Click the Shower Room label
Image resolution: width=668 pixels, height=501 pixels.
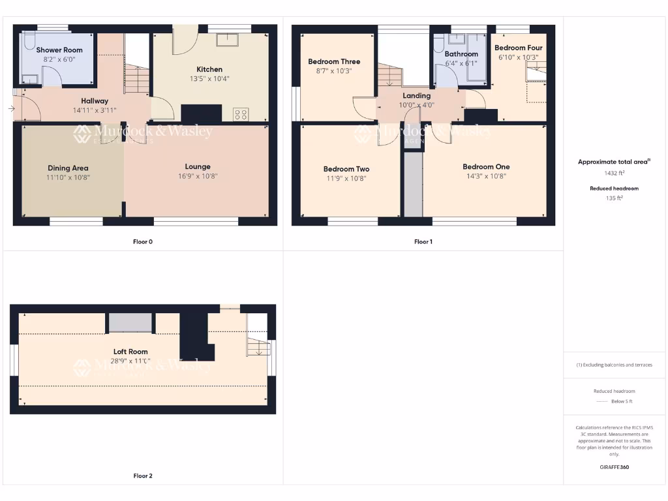pos(59,50)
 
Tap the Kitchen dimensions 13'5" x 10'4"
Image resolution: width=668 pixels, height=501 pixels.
pos(209,79)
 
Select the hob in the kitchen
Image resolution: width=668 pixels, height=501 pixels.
pos(241,115)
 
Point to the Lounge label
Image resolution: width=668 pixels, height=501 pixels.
pos(197,166)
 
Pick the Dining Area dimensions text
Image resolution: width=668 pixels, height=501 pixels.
pos(67,177)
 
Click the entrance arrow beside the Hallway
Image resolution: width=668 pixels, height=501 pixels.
pos(12,108)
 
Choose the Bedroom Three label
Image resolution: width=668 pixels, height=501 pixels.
pos(334,62)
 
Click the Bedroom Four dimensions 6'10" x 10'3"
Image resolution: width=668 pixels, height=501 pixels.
pos(519,57)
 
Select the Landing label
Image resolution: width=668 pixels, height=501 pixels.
pos(416,96)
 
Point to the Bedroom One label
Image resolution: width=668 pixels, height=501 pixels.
pos(486,166)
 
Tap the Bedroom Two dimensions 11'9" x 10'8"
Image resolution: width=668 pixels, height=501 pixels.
pos(346,178)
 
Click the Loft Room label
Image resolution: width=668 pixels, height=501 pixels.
pos(130,352)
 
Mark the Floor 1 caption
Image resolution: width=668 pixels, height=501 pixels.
pos(423,242)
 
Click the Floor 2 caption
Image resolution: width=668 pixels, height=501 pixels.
pos(143,476)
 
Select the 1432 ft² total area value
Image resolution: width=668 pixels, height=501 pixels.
pos(614,174)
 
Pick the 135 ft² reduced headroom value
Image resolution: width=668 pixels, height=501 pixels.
pos(614,198)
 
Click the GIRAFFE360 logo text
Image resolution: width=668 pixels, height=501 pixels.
pos(614,467)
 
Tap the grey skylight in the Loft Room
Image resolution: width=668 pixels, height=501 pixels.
pos(130,323)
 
